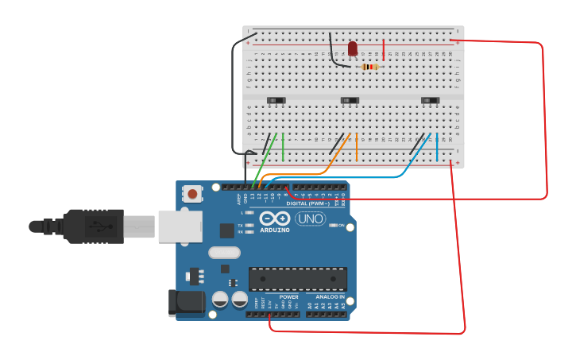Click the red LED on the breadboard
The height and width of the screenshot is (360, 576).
coord(353,48)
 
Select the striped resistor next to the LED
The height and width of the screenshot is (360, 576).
coord(369,67)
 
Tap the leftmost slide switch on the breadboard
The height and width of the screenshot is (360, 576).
coord(276,99)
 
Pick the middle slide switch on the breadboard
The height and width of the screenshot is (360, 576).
coord(350,99)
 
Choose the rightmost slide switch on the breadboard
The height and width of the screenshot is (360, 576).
coord(430,99)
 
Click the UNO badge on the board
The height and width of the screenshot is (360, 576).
coord(310,219)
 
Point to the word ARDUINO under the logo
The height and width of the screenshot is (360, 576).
coord(274,231)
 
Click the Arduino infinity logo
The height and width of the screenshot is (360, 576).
coord(274,219)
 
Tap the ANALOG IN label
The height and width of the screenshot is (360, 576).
coord(326,296)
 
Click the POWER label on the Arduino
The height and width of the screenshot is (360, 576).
coord(288,296)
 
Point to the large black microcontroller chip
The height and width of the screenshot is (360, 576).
coord(297,279)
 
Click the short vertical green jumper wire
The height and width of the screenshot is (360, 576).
coord(283,147)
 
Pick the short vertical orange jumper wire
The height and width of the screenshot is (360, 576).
coord(357,149)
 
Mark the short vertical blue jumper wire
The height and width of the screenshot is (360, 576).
coord(436,149)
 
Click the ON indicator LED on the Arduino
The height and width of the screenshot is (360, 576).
coord(331,226)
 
